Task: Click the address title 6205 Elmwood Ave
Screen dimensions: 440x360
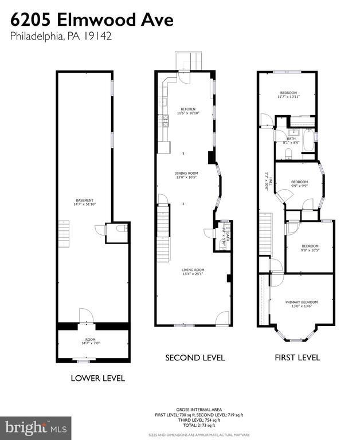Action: click(91, 21)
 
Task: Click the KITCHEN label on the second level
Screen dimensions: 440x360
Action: click(188, 109)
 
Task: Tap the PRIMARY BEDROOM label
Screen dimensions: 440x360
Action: click(302, 302)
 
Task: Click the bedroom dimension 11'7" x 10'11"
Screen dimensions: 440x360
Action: click(288, 97)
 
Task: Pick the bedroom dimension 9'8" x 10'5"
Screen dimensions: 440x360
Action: click(310, 250)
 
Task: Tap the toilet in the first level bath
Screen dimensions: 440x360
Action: click(288, 152)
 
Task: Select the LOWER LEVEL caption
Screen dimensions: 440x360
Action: click(97, 378)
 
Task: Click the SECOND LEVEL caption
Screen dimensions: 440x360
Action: click(195, 358)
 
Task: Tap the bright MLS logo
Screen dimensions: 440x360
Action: click(36, 427)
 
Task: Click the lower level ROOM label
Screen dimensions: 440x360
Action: click(87, 339)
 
